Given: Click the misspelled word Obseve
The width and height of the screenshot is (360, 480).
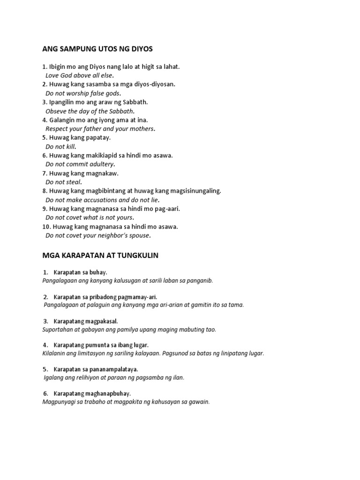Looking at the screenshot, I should coord(56,111).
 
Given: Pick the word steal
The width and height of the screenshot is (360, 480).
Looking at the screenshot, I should coord(74,182).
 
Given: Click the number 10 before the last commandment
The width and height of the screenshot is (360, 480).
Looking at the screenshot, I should coord(46,226).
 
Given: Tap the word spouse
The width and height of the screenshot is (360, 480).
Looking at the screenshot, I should coord(139,235).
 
